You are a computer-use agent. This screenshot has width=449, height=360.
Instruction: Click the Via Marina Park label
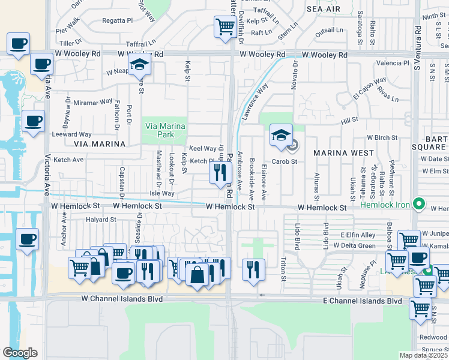point(165,130)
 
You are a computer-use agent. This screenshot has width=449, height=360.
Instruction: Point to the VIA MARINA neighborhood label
point(100,144)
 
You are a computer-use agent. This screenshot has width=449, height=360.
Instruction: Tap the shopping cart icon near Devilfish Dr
point(225,26)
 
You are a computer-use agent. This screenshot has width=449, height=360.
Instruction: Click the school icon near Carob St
point(280,135)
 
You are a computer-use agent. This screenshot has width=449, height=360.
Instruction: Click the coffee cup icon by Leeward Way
point(33,121)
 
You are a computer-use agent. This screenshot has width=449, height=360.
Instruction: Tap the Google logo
point(20,353)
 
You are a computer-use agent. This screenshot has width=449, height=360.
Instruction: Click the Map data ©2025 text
point(424,355)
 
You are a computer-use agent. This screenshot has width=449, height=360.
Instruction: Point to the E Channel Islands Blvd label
point(361,301)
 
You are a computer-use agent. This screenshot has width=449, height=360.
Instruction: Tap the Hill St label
point(349,121)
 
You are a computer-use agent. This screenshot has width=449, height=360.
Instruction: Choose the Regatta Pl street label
point(117,20)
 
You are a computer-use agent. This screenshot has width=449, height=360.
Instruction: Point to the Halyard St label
point(100,220)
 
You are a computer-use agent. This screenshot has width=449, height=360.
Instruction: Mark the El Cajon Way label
point(369,88)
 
